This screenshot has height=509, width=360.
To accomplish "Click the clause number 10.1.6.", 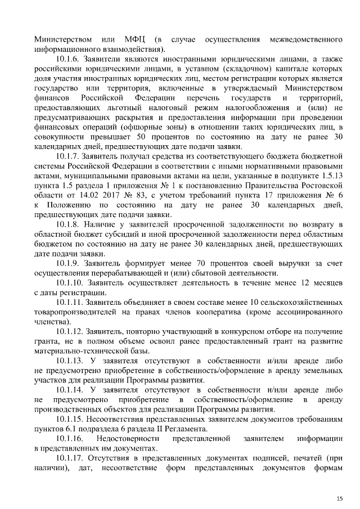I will [x=68, y=59].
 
